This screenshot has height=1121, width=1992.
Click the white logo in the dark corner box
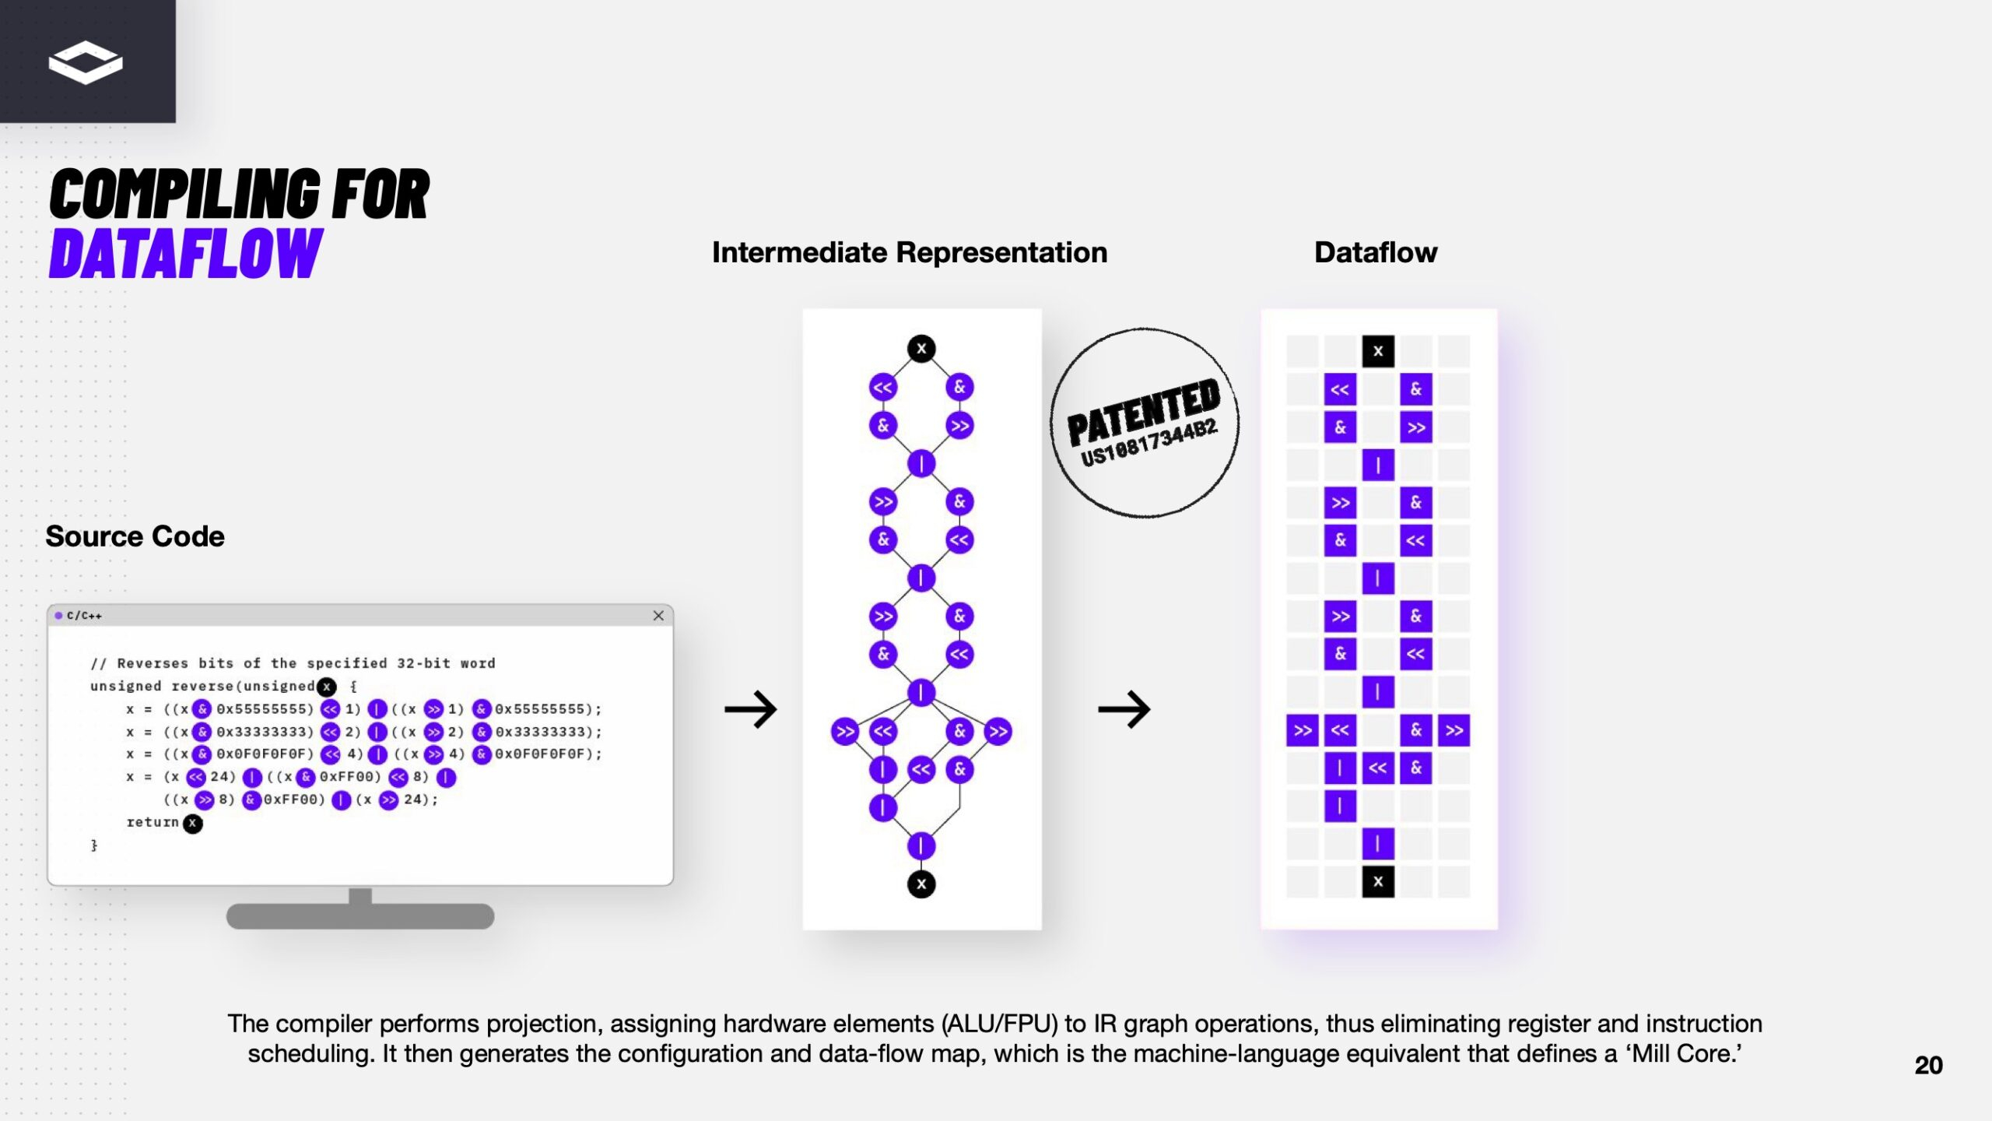tap(86, 62)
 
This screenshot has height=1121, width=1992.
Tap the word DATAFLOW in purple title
tap(185, 254)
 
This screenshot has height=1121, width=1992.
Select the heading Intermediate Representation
tap(909, 252)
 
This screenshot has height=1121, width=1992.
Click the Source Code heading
tap(135, 536)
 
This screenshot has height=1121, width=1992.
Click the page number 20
tap(1928, 1065)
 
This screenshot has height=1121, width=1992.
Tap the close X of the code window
tap(658, 616)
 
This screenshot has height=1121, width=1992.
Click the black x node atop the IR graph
tap(921, 349)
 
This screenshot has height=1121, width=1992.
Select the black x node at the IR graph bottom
tap(921, 884)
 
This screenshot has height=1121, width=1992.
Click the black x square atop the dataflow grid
tap(1377, 351)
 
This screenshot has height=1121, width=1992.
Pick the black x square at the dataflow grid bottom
tap(1377, 882)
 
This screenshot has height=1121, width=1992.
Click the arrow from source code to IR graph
tap(750, 709)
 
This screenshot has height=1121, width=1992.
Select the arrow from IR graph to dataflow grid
tap(1124, 709)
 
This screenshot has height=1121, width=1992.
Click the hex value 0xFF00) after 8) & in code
tap(293, 799)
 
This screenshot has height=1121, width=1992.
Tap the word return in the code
tap(153, 822)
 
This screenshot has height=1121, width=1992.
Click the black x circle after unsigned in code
tap(327, 687)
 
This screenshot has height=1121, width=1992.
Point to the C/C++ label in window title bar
tap(84, 616)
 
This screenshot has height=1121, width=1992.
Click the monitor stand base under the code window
tap(359, 916)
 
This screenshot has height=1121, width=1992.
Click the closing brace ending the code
tap(94, 845)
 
